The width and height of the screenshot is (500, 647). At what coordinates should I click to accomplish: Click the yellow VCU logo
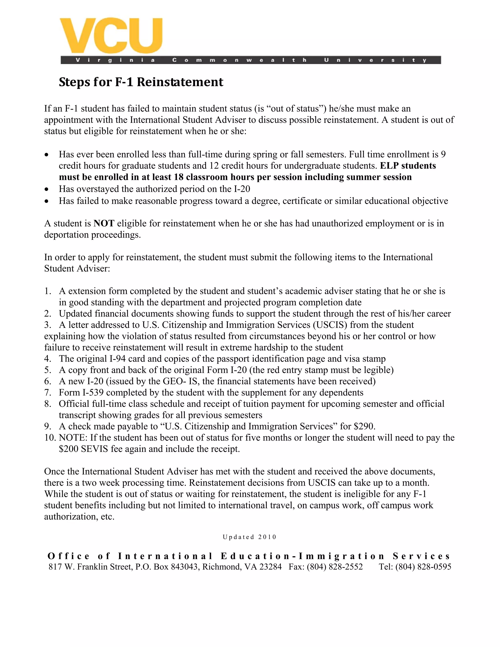coord(111,36)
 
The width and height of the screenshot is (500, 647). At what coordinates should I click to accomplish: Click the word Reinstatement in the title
coord(180,82)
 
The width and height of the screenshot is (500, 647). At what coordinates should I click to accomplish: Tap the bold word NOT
coord(104,223)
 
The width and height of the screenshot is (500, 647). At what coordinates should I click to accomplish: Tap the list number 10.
coord(50,438)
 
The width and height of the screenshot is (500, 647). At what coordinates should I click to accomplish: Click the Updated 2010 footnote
coord(250,537)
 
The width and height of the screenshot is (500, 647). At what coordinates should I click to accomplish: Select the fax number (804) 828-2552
coord(334,567)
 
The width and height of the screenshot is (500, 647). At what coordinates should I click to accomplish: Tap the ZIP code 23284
coord(270,567)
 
